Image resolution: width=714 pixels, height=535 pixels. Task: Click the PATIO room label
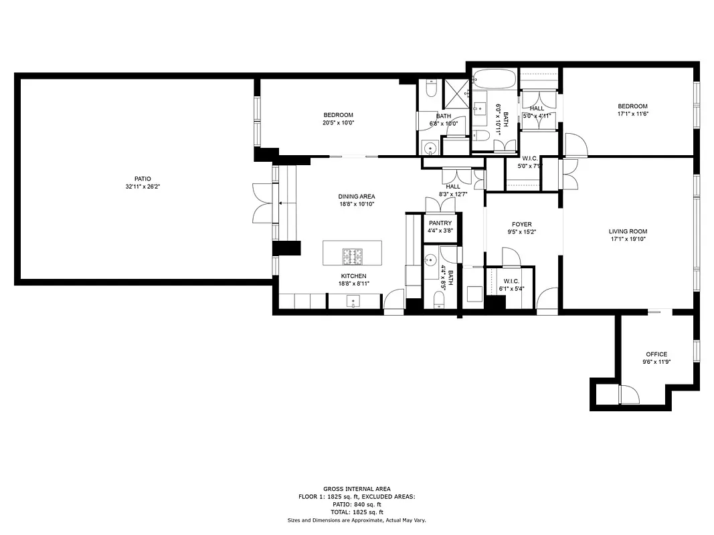click(143, 179)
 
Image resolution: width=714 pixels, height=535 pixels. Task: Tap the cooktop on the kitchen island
click(353, 254)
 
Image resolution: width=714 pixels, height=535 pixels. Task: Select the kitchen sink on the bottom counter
click(353, 302)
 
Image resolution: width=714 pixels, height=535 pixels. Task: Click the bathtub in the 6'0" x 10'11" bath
click(495, 80)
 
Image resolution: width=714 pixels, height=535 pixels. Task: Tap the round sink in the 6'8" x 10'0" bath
click(430, 148)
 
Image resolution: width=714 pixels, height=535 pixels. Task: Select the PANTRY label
click(440, 223)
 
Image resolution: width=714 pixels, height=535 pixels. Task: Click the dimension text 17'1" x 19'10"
click(628, 239)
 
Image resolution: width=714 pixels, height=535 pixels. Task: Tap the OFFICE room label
click(656, 354)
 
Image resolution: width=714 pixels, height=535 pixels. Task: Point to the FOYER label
click(521, 225)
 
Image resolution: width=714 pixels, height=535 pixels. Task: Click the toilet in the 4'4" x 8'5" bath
click(439, 305)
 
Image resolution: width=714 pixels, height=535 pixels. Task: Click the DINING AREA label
click(356, 197)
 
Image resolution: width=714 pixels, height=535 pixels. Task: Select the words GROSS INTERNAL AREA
click(357, 489)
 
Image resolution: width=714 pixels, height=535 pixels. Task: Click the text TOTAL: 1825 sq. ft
click(357, 512)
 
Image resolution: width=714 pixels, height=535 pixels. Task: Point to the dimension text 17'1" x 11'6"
click(632, 114)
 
